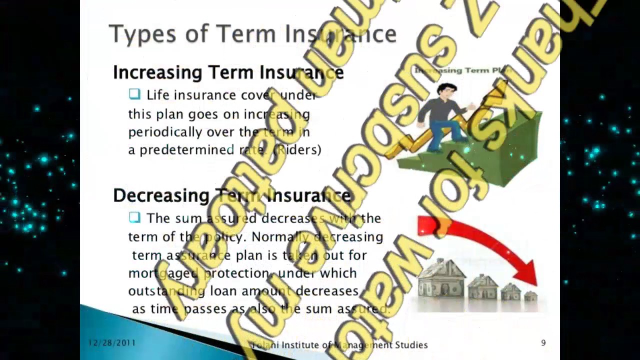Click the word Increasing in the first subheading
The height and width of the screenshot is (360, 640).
pyautogui.click(x=157, y=73)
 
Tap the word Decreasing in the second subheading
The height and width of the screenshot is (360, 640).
pyautogui.click(x=161, y=195)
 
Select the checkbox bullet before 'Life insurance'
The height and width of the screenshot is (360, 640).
pyautogui.click(x=134, y=94)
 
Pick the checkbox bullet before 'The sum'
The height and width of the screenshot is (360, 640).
pyautogui.click(x=134, y=217)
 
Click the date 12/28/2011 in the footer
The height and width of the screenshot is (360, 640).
pyautogui.click(x=111, y=343)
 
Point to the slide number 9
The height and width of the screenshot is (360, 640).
pyautogui.click(x=543, y=343)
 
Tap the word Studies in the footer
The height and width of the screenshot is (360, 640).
pyautogui.click(x=410, y=345)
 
